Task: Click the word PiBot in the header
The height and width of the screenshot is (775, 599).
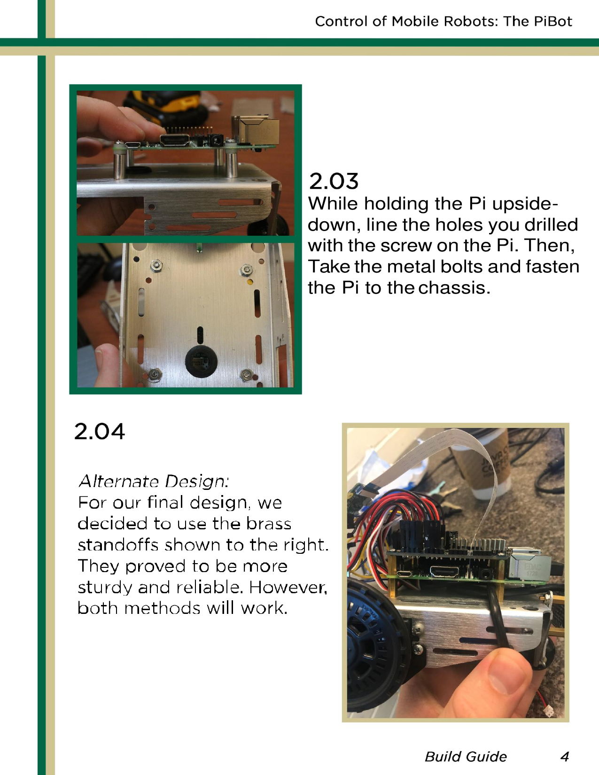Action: pyautogui.click(x=552, y=21)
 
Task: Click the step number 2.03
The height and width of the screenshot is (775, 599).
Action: pyautogui.click(x=334, y=181)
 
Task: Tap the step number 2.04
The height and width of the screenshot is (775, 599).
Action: pyautogui.click(x=100, y=432)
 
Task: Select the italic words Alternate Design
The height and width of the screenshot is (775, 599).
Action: pyautogui.click(x=154, y=481)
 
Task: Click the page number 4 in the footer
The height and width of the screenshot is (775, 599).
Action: pyautogui.click(x=565, y=756)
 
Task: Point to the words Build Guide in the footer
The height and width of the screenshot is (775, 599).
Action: pyautogui.click(x=466, y=756)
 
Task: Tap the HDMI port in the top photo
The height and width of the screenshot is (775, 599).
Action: pyautogui.click(x=175, y=140)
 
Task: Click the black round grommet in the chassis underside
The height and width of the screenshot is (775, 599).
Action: pyautogui.click(x=201, y=361)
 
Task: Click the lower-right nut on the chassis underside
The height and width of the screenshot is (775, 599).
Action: pyautogui.click(x=246, y=374)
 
